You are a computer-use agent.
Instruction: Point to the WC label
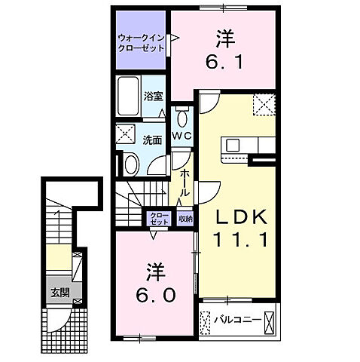pyautogui.click(x=182, y=135)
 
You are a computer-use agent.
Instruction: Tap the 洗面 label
pyautogui.click(x=154, y=139)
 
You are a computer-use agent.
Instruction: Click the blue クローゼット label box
pyautogui.click(x=159, y=219)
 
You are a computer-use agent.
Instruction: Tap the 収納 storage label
pyautogui.click(x=185, y=219)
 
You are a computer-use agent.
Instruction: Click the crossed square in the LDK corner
pyautogui.click(x=264, y=104)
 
